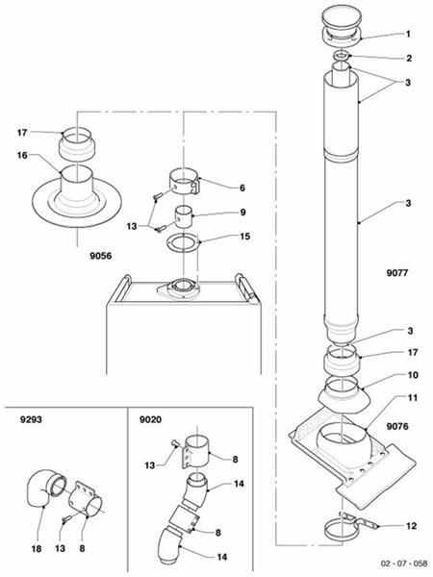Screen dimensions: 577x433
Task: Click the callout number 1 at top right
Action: point(408,35)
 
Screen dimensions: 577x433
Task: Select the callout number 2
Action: point(408,59)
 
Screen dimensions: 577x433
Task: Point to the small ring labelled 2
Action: point(341,60)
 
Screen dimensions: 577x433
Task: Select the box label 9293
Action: point(30,420)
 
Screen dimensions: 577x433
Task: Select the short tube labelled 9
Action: point(183,214)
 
